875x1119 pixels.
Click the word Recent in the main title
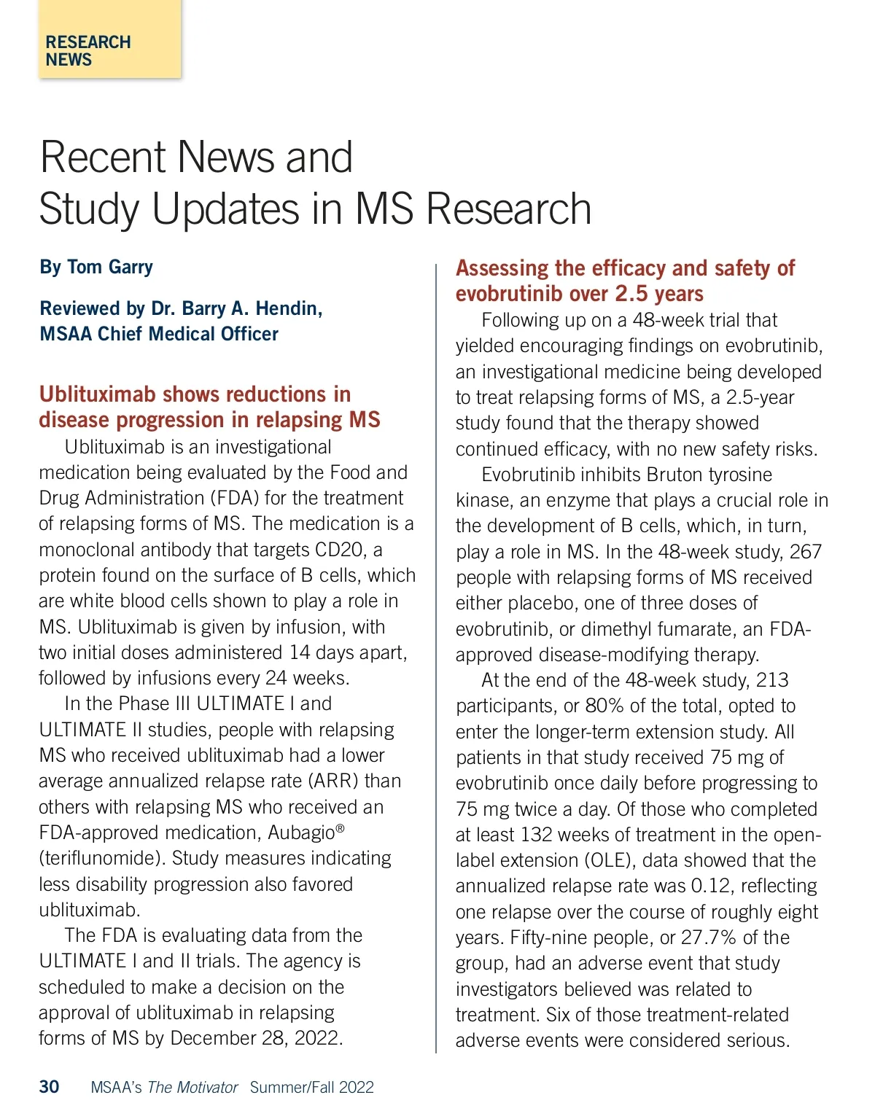(x=103, y=157)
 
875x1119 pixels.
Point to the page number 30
(x=49, y=1087)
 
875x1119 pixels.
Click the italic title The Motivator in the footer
(x=192, y=1088)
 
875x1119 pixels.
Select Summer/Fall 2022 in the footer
(x=311, y=1088)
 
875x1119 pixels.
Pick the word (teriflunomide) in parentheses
(x=101, y=859)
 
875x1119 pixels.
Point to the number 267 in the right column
(x=805, y=552)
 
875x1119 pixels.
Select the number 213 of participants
(x=772, y=680)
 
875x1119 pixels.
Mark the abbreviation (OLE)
(x=607, y=860)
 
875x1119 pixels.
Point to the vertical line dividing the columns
(x=436, y=656)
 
